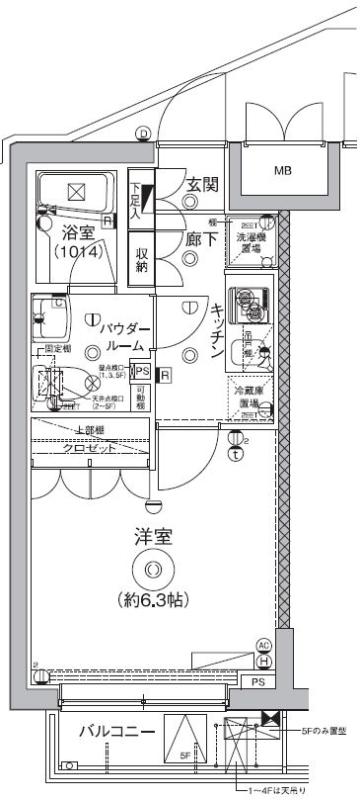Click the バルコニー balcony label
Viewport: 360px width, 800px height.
(117, 732)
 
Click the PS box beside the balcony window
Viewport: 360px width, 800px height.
(258, 682)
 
